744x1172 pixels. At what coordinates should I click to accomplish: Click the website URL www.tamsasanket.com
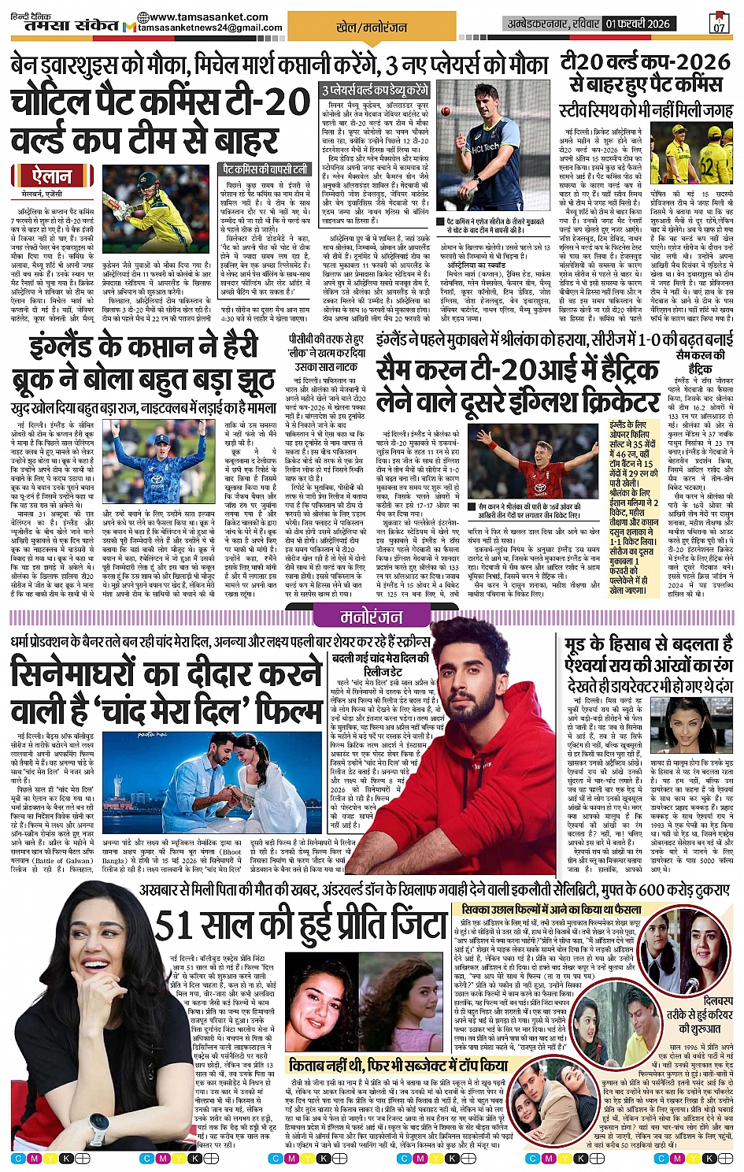pyautogui.click(x=208, y=17)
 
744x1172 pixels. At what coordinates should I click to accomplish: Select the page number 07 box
pyautogui.click(x=719, y=23)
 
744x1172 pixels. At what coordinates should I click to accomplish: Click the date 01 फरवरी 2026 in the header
pyautogui.click(x=638, y=24)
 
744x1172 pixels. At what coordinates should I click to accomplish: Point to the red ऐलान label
pyautogui.click(x=51, y=176)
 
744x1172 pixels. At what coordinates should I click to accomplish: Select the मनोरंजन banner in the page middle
pyautogui.click(x=371, y=616)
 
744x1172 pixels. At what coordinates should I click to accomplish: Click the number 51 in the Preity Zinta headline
pyautogui.click(x=177, y=925)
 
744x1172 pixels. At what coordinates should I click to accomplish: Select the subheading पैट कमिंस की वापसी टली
pyautogui.click(x=265, y=169)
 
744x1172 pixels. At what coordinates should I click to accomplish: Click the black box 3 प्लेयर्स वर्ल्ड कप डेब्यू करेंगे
pyautogui.click(x=375, y=91)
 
